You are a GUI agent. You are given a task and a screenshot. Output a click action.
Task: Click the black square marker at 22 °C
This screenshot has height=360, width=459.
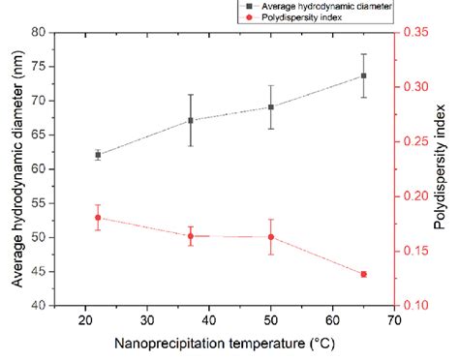pos(98,154)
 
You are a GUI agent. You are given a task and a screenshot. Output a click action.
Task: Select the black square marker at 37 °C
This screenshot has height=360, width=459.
pos(191,120)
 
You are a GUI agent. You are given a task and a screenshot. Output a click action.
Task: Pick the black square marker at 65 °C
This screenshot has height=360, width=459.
pos(364,75)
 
